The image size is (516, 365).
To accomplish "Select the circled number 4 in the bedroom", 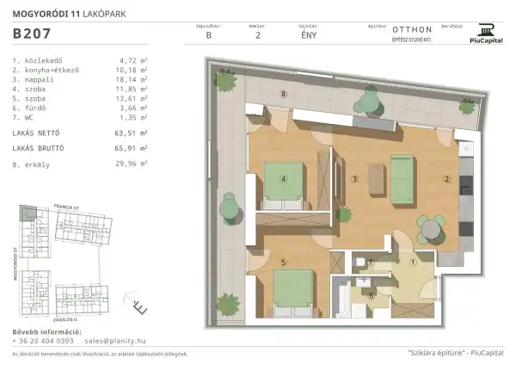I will click(x=283, y=180).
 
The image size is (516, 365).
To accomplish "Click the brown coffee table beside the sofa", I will click(x=376, y=177).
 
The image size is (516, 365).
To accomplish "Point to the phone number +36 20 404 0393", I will click(x=42, y=341).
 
